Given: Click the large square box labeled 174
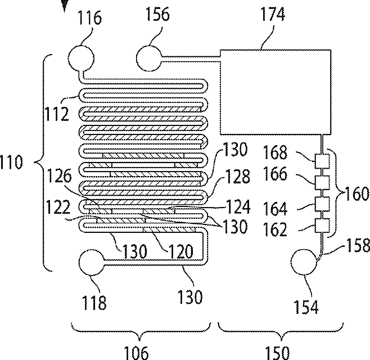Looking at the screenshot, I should (270, 92).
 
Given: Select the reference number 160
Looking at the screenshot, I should (355, 195).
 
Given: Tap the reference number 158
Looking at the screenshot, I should (355, 246).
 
